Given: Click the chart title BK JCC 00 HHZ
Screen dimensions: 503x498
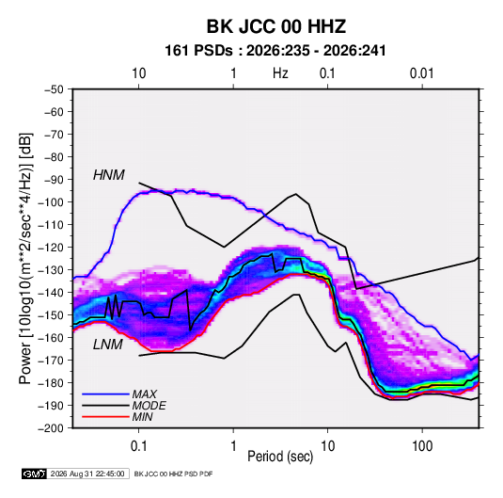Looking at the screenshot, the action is (275, 26).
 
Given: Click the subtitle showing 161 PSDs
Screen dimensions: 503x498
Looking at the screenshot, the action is (275, 51).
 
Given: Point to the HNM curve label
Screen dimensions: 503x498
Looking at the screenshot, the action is (108, 175).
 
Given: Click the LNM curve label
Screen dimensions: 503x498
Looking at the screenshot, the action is (107, 345).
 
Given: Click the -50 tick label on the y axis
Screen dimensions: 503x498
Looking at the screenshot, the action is (54, 89).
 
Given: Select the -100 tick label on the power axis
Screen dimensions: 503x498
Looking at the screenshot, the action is (51, 202).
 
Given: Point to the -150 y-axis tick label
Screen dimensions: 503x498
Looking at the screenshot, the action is (51, 314).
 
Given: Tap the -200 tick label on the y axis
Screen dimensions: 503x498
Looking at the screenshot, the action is (51, 428).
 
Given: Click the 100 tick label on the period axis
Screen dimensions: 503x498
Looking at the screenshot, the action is (422, 446).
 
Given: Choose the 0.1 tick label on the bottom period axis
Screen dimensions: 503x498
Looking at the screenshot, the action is (138, 446).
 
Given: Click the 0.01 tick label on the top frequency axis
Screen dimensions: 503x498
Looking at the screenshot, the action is (422, 73).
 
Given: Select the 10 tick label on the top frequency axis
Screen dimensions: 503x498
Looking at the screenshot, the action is (139, 73).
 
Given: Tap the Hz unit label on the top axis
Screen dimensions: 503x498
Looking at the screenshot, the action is (280, 73).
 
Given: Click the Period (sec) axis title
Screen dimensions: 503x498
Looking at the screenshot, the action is (280, 457).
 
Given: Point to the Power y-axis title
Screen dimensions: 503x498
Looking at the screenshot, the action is (25, 259).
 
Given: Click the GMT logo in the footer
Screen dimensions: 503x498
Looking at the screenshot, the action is (35, 474).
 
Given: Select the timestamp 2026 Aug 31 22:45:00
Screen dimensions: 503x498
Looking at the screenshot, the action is (87, 474).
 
